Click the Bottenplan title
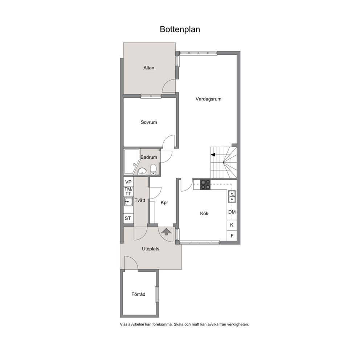tap(180, 29)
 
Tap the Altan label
tap(149, 68)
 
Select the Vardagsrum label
tap(208, 99)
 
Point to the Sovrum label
tap(149, 122)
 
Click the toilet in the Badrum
tap(153, 169)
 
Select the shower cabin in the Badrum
tap(132, 161)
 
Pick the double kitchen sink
tap(232, 197)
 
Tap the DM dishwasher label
tap(232, 212)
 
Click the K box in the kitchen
tap(232, 225)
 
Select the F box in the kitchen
tap(232, 236)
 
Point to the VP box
tap(128, 182)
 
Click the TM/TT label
tap(128, 192)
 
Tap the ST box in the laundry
tap(128, 218)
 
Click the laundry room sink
tap(128, 201)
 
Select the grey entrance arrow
tap(166, 232)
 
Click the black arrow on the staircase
tap(213, 155)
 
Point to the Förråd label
tap(138, 294)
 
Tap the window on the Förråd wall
tap(157, 294)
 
